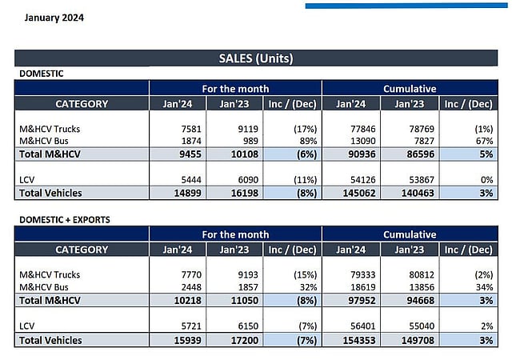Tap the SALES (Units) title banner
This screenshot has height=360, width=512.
pos(256,58)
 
